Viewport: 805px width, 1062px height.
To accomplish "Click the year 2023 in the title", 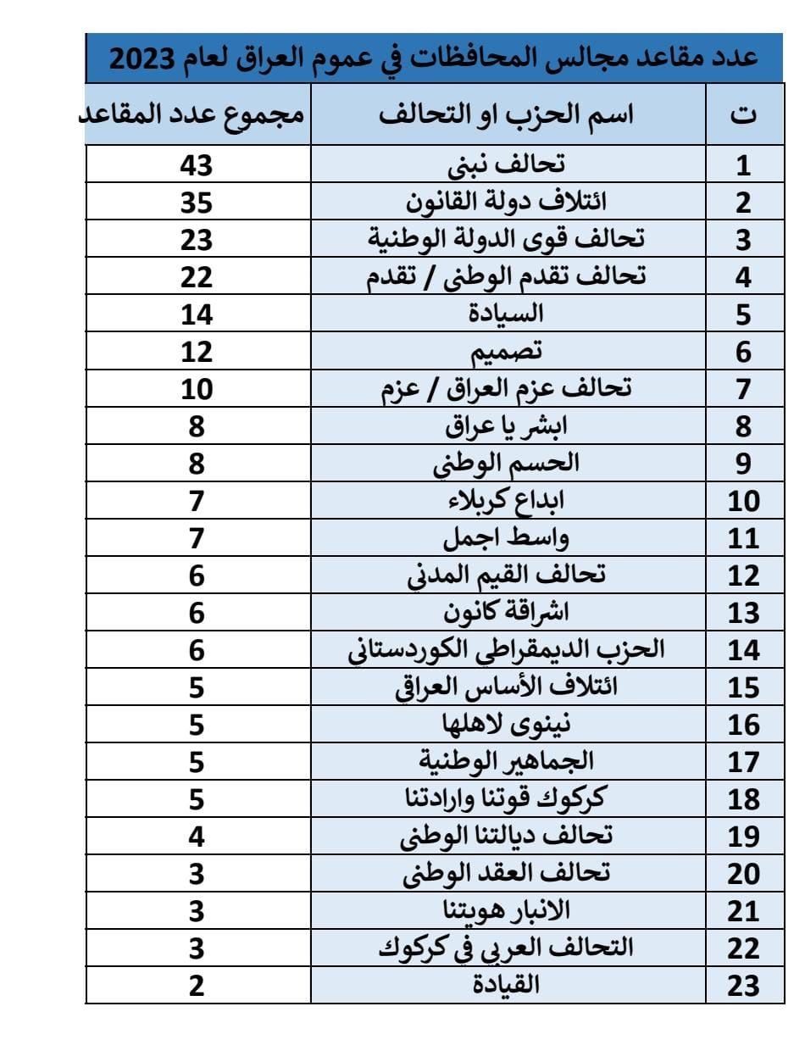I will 143,58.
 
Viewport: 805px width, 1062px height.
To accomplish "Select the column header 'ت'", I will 744,115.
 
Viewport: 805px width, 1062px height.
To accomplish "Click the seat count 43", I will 197,164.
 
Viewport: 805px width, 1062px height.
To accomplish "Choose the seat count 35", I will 197,202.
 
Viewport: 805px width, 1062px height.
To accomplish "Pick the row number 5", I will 744,314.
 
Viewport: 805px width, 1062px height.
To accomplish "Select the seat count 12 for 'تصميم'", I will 197,351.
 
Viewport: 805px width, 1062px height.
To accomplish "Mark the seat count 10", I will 197,388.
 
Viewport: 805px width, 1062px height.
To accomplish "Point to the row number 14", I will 744,650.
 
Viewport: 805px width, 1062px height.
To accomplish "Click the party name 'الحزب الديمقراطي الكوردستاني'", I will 506,649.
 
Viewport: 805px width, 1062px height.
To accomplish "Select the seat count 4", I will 197,836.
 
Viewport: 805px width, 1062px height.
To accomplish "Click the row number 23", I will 744,986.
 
